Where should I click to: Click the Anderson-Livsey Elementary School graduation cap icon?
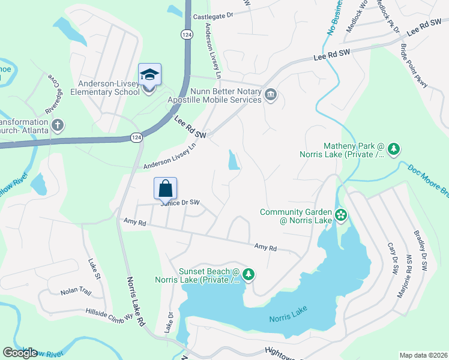tap(149, 75)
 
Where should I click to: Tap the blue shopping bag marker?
tap(166, 189)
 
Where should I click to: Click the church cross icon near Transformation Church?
tap(58, 126)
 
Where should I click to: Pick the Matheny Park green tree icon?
tap(393, 149)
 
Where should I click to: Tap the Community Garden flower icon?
tap(341, 214)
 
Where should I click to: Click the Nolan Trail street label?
tap(75, 292)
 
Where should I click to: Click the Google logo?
tap(20, 353)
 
